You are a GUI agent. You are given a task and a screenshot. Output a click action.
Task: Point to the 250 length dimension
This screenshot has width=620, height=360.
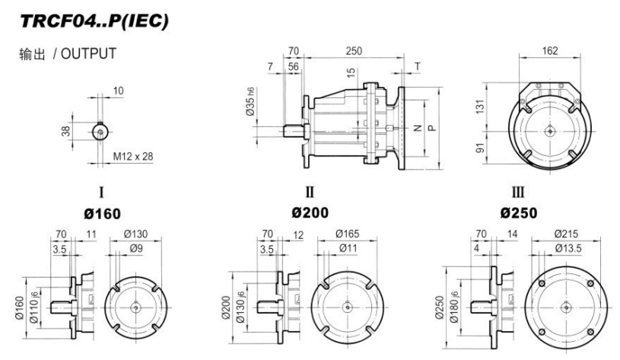click(x=352, y=51)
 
